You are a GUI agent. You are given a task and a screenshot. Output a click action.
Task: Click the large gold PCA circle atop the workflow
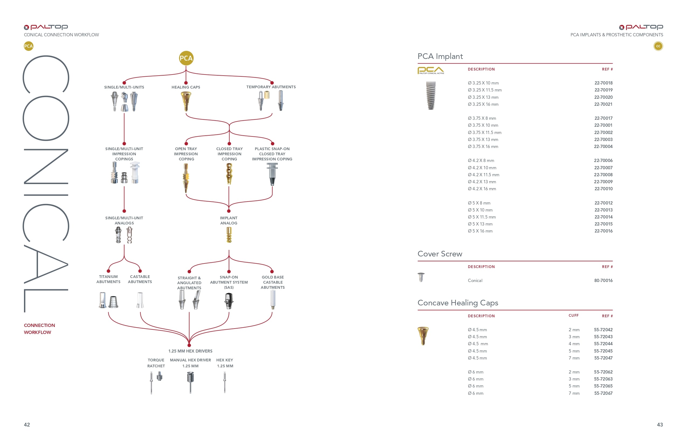[x=186, y=58]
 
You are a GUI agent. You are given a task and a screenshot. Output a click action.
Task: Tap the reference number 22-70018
[x=603, y=83]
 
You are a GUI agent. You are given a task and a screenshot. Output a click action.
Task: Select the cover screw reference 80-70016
[x=603, y=280]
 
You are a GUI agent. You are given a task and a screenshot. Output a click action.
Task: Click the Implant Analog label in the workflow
[x=229, y=221]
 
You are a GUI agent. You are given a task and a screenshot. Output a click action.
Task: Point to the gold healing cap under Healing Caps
[x=186, y=101]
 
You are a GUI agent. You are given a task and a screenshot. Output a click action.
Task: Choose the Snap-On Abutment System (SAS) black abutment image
[x=229, y=301]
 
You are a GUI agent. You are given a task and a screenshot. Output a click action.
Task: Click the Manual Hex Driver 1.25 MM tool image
[x=190, y=382]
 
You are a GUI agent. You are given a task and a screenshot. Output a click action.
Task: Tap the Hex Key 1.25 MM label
[x=225, y=363]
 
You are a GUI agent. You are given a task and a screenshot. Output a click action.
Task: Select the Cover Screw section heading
[x=440, y=254]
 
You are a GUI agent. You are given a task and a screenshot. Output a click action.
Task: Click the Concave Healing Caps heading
[x=458, y=303]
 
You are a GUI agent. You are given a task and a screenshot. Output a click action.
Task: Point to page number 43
[x=660, y=425]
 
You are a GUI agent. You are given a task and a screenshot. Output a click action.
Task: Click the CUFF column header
[x=574, y=315]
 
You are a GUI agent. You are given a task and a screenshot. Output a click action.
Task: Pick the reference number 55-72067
[x=603, y=393]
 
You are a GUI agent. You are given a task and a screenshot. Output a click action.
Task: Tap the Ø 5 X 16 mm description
[x=480, y=231]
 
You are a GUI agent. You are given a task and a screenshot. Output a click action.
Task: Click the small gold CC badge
[x=658, y=46]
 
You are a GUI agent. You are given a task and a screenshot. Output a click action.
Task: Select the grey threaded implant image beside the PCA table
[x=431, y=96]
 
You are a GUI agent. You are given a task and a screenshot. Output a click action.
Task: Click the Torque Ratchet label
[x=156, y=363]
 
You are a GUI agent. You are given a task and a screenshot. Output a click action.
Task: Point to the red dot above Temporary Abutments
[x=272, y=83]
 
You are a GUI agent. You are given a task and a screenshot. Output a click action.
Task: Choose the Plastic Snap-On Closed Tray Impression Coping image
[x=272, y=174]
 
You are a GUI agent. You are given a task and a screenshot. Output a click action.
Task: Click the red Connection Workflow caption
[x=39, y=329]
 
